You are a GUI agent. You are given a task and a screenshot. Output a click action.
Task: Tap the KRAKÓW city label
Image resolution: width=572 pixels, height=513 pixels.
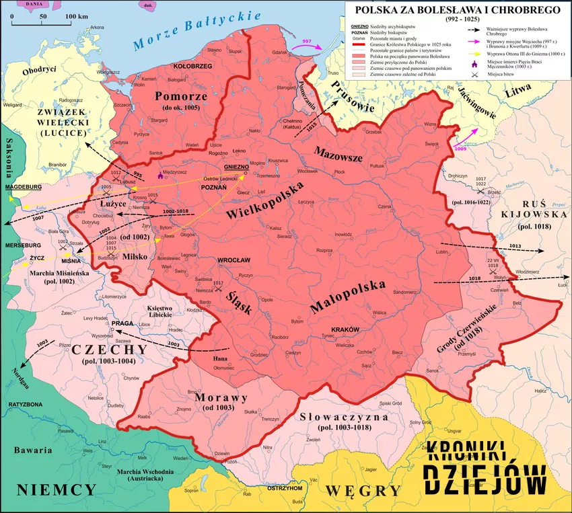coord(345,328)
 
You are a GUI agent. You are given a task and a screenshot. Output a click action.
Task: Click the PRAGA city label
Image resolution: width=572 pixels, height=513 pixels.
coord(122,323)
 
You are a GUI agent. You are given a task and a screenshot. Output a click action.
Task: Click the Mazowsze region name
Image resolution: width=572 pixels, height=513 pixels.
coord(338,154)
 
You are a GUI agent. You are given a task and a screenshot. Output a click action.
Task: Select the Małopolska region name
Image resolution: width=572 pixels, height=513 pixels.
coord(348,297)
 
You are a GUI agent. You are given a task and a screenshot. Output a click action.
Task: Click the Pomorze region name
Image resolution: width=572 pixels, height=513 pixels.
coord(176,95)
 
